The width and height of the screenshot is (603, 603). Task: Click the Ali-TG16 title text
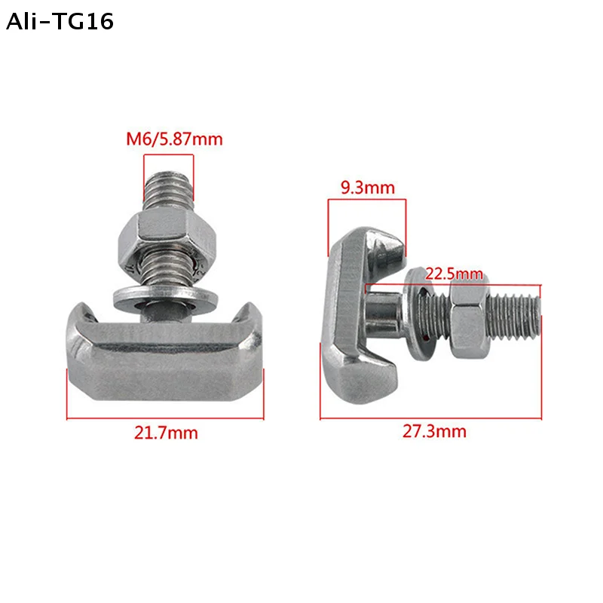point(60,21)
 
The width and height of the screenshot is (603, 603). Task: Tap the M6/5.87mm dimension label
point(174,139)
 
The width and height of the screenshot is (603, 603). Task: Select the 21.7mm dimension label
point(166,433)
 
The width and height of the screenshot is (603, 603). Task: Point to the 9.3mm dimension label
point(368,188)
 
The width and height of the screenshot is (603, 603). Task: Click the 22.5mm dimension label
point(454,274)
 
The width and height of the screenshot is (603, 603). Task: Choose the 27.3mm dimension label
point(434,431)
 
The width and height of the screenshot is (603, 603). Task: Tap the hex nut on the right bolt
point(469,319)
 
